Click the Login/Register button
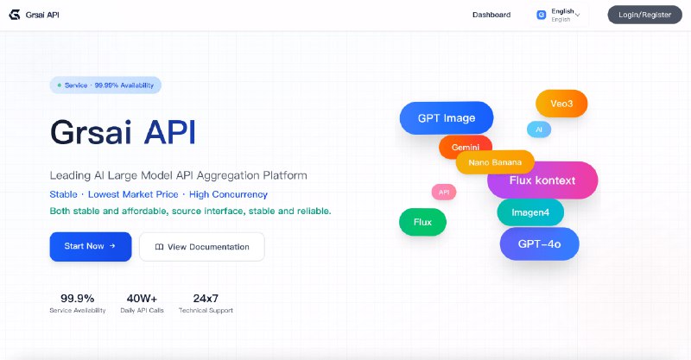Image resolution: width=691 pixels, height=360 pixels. tap(644, 15)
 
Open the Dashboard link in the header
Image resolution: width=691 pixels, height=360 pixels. tap(491, 15)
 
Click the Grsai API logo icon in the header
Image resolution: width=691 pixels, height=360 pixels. tap(14, 15)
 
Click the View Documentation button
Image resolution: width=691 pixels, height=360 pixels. tap(202, 247)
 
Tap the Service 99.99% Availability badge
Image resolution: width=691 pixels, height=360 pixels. tap(105, 85)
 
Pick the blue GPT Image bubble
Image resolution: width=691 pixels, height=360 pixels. tap(446, 118)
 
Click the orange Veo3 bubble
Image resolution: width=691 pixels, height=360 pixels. tap(561, 104)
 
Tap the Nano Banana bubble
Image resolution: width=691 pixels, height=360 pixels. tap(495, 162)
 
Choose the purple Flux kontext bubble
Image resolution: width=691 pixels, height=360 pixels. tap(542, 180)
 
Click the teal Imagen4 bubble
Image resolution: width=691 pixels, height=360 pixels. tap(530, 212)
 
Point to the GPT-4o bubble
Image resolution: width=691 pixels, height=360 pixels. tap(539, 244)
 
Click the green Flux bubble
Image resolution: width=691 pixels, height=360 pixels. tap(422, 222)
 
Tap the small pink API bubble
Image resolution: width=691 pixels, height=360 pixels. tap(444, 192)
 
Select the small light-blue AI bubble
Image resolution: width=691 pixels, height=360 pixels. tap(539, 129)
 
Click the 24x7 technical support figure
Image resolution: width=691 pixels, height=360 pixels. tap(205, 299)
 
